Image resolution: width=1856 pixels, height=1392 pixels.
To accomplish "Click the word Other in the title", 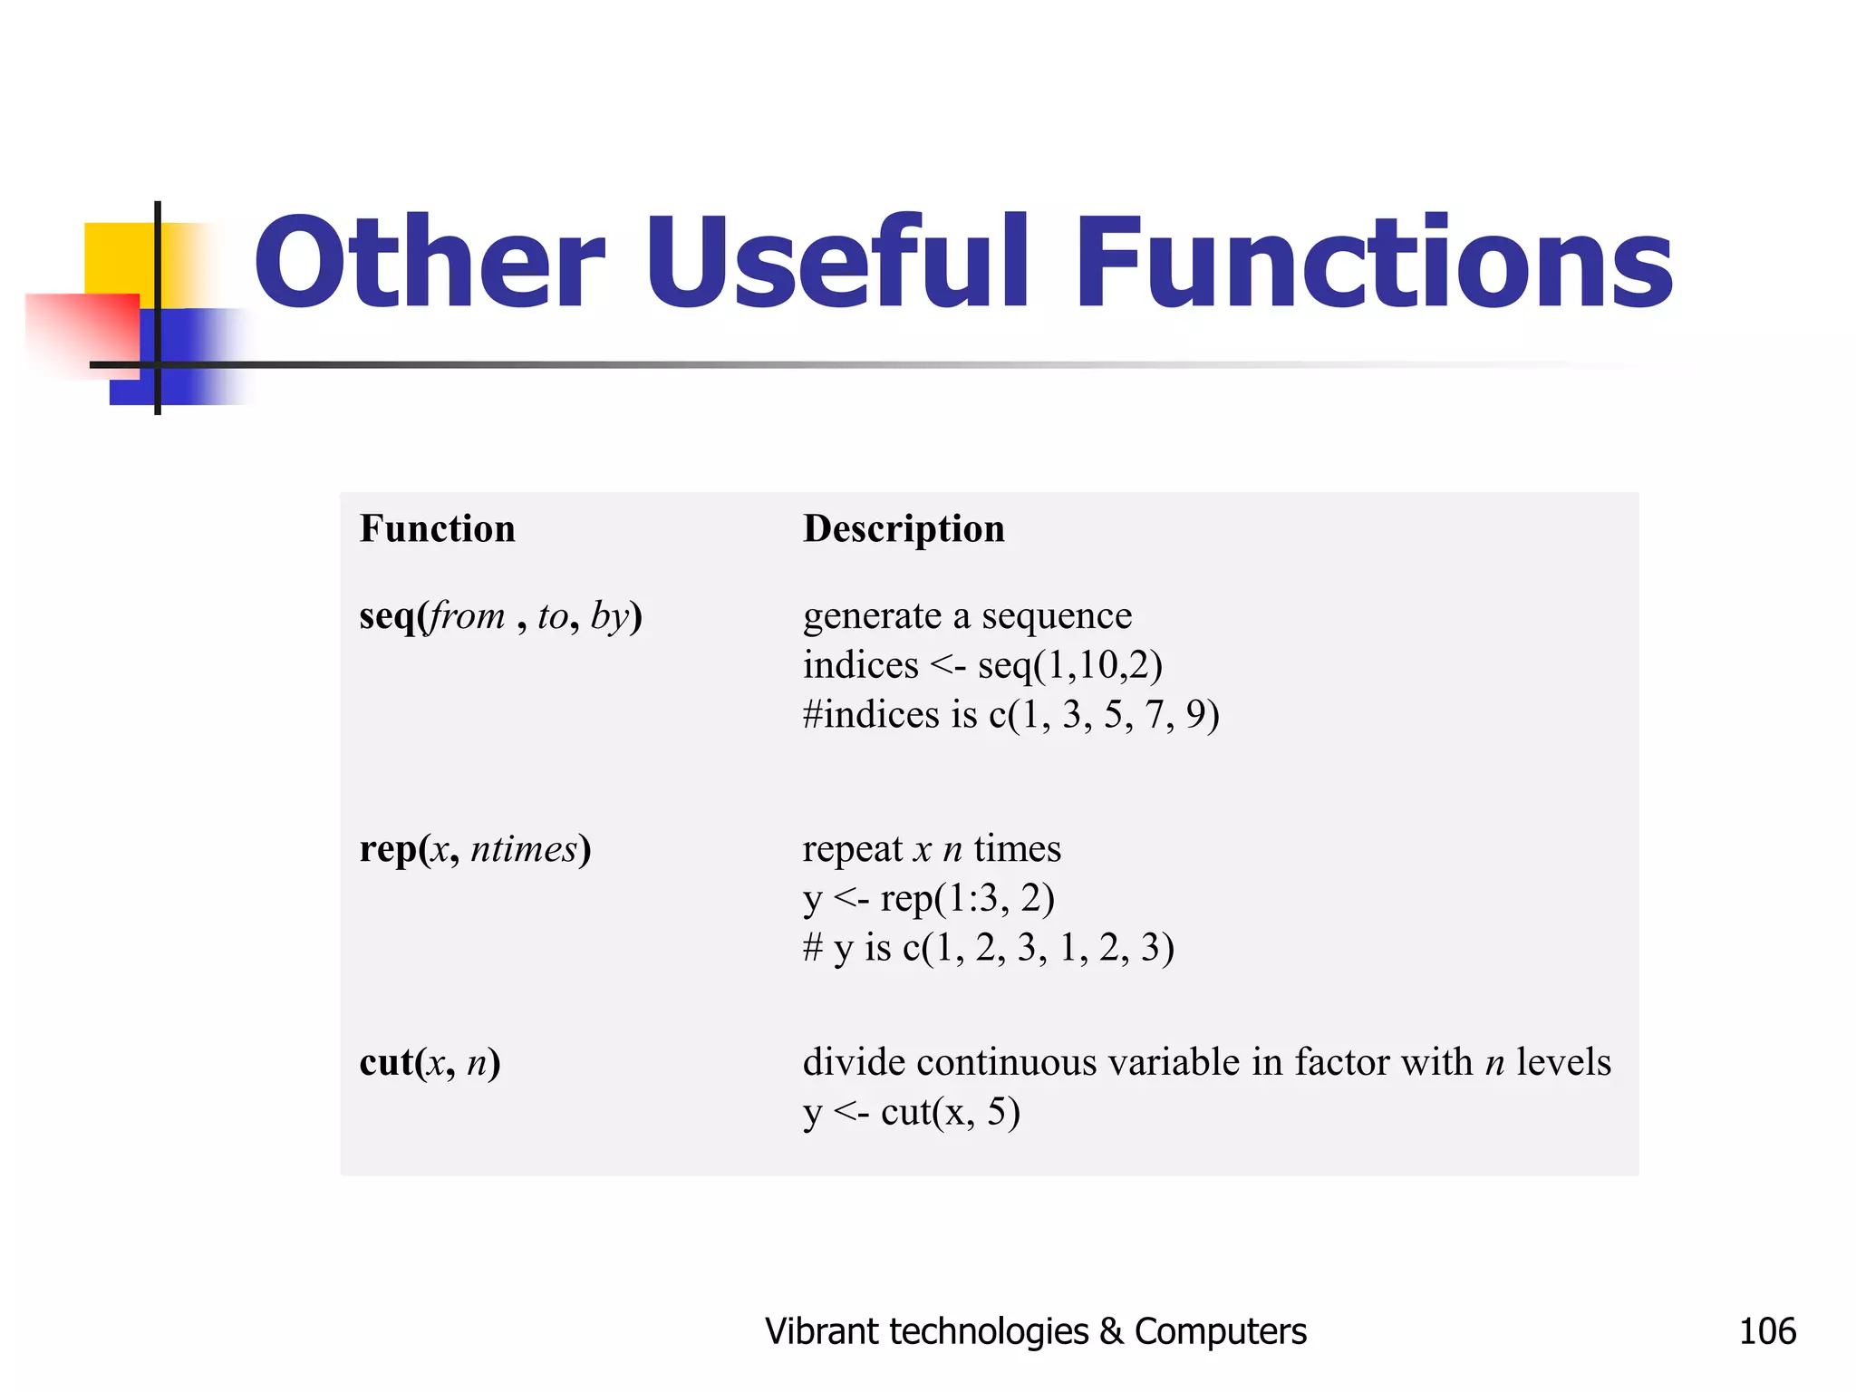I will pyautogui.click(x=429, y=263).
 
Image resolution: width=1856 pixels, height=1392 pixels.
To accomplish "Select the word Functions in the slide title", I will pyautogui.click(x=1373, y=263).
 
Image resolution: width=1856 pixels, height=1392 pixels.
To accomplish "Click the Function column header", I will pyautogui.click(x=437, y=529).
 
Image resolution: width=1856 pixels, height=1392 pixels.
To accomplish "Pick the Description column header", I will pyautogui.click(x=904, y=529).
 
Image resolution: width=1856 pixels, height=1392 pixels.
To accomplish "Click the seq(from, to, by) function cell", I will pyautogui.click(x=500, y=616).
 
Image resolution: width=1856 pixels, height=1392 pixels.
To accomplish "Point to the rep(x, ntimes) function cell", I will pyautogui.click(x=475, y=849).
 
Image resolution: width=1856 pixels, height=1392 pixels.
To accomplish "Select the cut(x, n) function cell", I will pyautogui.click(x=430, y=1062).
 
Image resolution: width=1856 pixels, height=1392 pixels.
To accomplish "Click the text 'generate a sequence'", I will pyautogui.click(x=967, y=616).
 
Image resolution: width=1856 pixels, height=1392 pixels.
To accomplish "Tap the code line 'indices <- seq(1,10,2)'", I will pyautogui.click(x=982, y=666).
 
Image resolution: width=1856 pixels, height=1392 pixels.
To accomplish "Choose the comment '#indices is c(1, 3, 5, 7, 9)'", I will pyautogui.click(x=1010, y=715).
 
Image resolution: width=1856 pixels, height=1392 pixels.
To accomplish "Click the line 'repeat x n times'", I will pyautogui.click(x=932, y=849).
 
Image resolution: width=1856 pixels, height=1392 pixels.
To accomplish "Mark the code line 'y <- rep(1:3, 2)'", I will pyautogui.click(x=929, y=899).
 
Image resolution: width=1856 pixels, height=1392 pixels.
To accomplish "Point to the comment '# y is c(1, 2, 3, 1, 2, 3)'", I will pyautogui.click(x=988, y=948).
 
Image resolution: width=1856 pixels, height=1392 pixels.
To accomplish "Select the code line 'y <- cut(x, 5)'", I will pyautogui.click(x=911, y=1112).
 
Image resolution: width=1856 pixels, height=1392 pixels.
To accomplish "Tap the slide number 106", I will pyautogui.click(x=1766, y=1331).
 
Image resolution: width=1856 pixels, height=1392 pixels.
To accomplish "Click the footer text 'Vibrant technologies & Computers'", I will pyautogui.click(x=1035, y=1331).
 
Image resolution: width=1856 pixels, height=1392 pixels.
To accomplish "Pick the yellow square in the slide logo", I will pyautogui.click(x=118, y=258).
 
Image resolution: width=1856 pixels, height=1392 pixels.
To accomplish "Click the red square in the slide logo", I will pyautogui.click(x=82, y=331).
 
